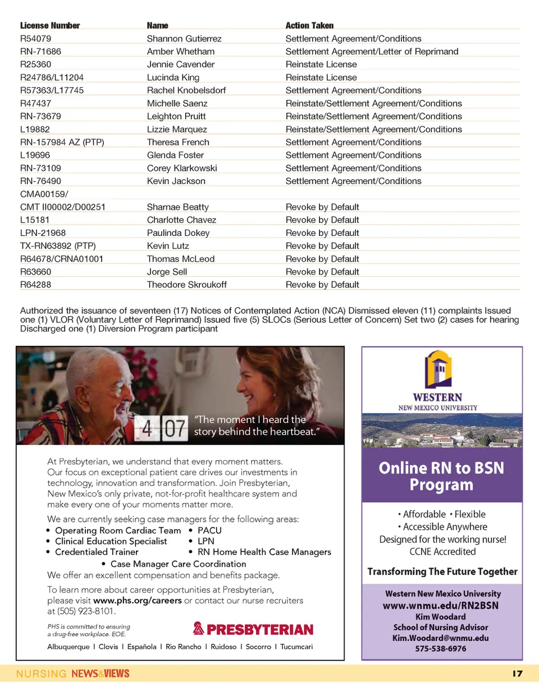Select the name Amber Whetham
coord(180,52)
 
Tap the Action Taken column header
coord(309,26)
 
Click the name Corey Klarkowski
coord(181,168)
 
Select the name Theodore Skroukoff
coord(186,285)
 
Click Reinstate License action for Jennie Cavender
coord(321,65)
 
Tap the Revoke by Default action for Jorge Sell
coord(322,272)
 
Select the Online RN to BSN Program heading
coord(441,476)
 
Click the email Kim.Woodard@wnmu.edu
coord(441,638)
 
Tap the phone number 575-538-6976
coord(441,648)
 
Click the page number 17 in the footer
coord(517,673)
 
